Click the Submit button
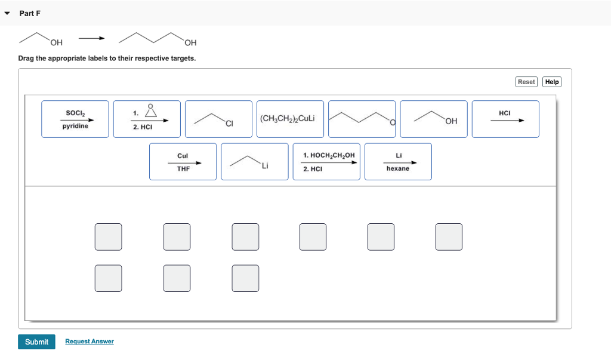pos(36,341)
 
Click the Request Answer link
pos(90,341)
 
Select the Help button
pos(552,82)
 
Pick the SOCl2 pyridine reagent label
pos(75,119)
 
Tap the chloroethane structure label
pos(218,119)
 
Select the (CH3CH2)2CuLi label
pos(290,119)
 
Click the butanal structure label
pos(362,119)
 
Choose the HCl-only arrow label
pos(505,119)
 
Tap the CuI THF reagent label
pos(183,161)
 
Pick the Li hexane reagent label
pos(398,161)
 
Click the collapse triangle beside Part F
pos(7,13)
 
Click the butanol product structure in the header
pos(158,39)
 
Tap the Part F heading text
pos(30,13)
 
